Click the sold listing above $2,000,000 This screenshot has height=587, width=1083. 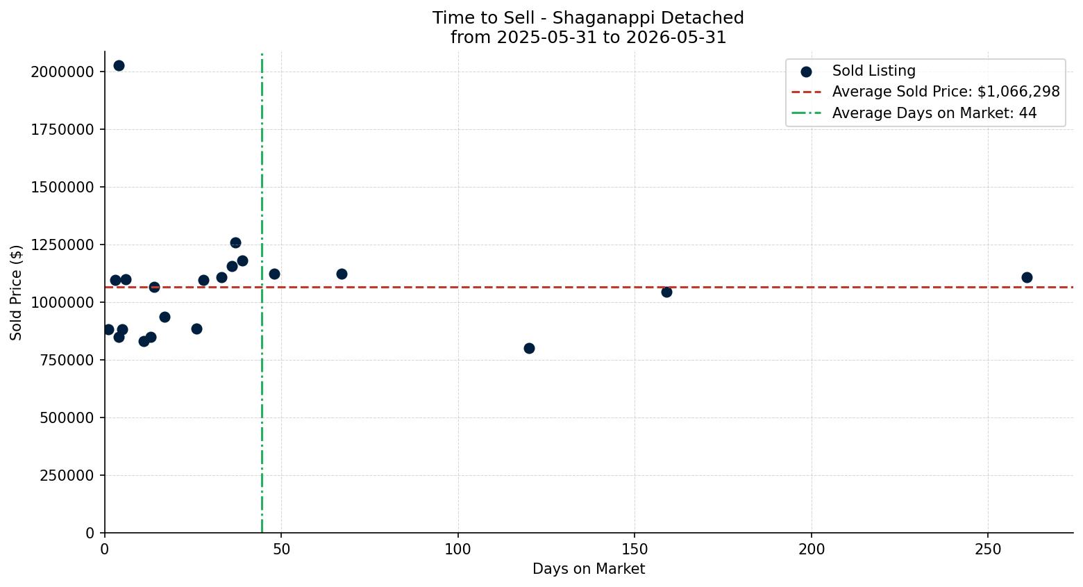[119, 66]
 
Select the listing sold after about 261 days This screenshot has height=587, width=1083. [1027, 277]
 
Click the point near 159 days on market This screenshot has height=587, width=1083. [666, 292]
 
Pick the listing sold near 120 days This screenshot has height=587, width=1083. [529, 349]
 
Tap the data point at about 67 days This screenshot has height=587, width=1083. [342, 274]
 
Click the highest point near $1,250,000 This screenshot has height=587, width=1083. [235, 243]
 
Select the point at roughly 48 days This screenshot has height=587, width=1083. [275, 274]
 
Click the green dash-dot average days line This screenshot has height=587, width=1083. [262, 293]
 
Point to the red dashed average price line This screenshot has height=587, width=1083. [589, 288]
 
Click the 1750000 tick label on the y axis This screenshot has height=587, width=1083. [62, 130]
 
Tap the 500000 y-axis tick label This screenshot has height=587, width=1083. [67, 417]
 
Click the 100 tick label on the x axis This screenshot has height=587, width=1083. [458, 549]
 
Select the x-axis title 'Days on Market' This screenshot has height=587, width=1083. [589, 569]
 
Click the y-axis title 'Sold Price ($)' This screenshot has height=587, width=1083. [16, 292]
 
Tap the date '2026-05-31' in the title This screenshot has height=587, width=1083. [676, 38]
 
